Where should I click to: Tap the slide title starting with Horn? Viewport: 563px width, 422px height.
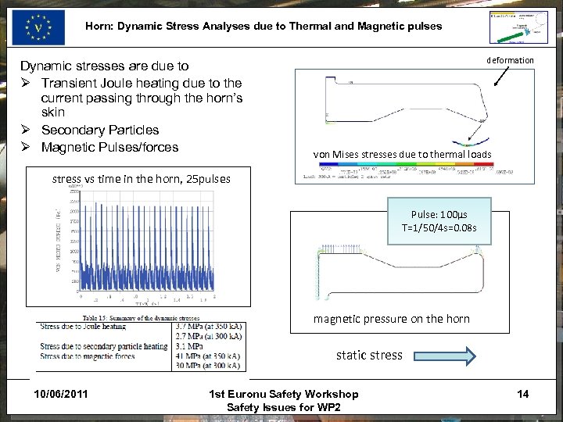(x=264, y=26)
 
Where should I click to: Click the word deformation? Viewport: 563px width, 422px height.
(x=510, y=60)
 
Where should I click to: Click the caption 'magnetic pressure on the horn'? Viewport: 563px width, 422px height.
(x=391, y=318)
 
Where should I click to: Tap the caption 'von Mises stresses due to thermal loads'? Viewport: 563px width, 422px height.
(x=402, y=154)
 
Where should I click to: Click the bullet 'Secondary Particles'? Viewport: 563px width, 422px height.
(x=99, y=130)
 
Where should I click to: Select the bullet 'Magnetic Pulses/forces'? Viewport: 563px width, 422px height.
(x=109, y=147)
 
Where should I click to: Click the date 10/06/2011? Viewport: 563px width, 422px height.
(x=61, y=393)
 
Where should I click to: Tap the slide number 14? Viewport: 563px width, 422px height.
(x=522, y=393)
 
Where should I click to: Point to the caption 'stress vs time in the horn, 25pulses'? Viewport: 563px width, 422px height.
(x=142, y=178)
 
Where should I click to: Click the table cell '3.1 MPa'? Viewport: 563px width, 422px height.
(x=191, y=345)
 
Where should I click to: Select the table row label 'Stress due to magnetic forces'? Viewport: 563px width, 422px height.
(x=88, y=356)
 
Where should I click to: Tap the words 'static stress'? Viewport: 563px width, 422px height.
(x=369, y=356)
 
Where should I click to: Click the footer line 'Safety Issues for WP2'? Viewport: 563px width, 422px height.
(x=283, y=407)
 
